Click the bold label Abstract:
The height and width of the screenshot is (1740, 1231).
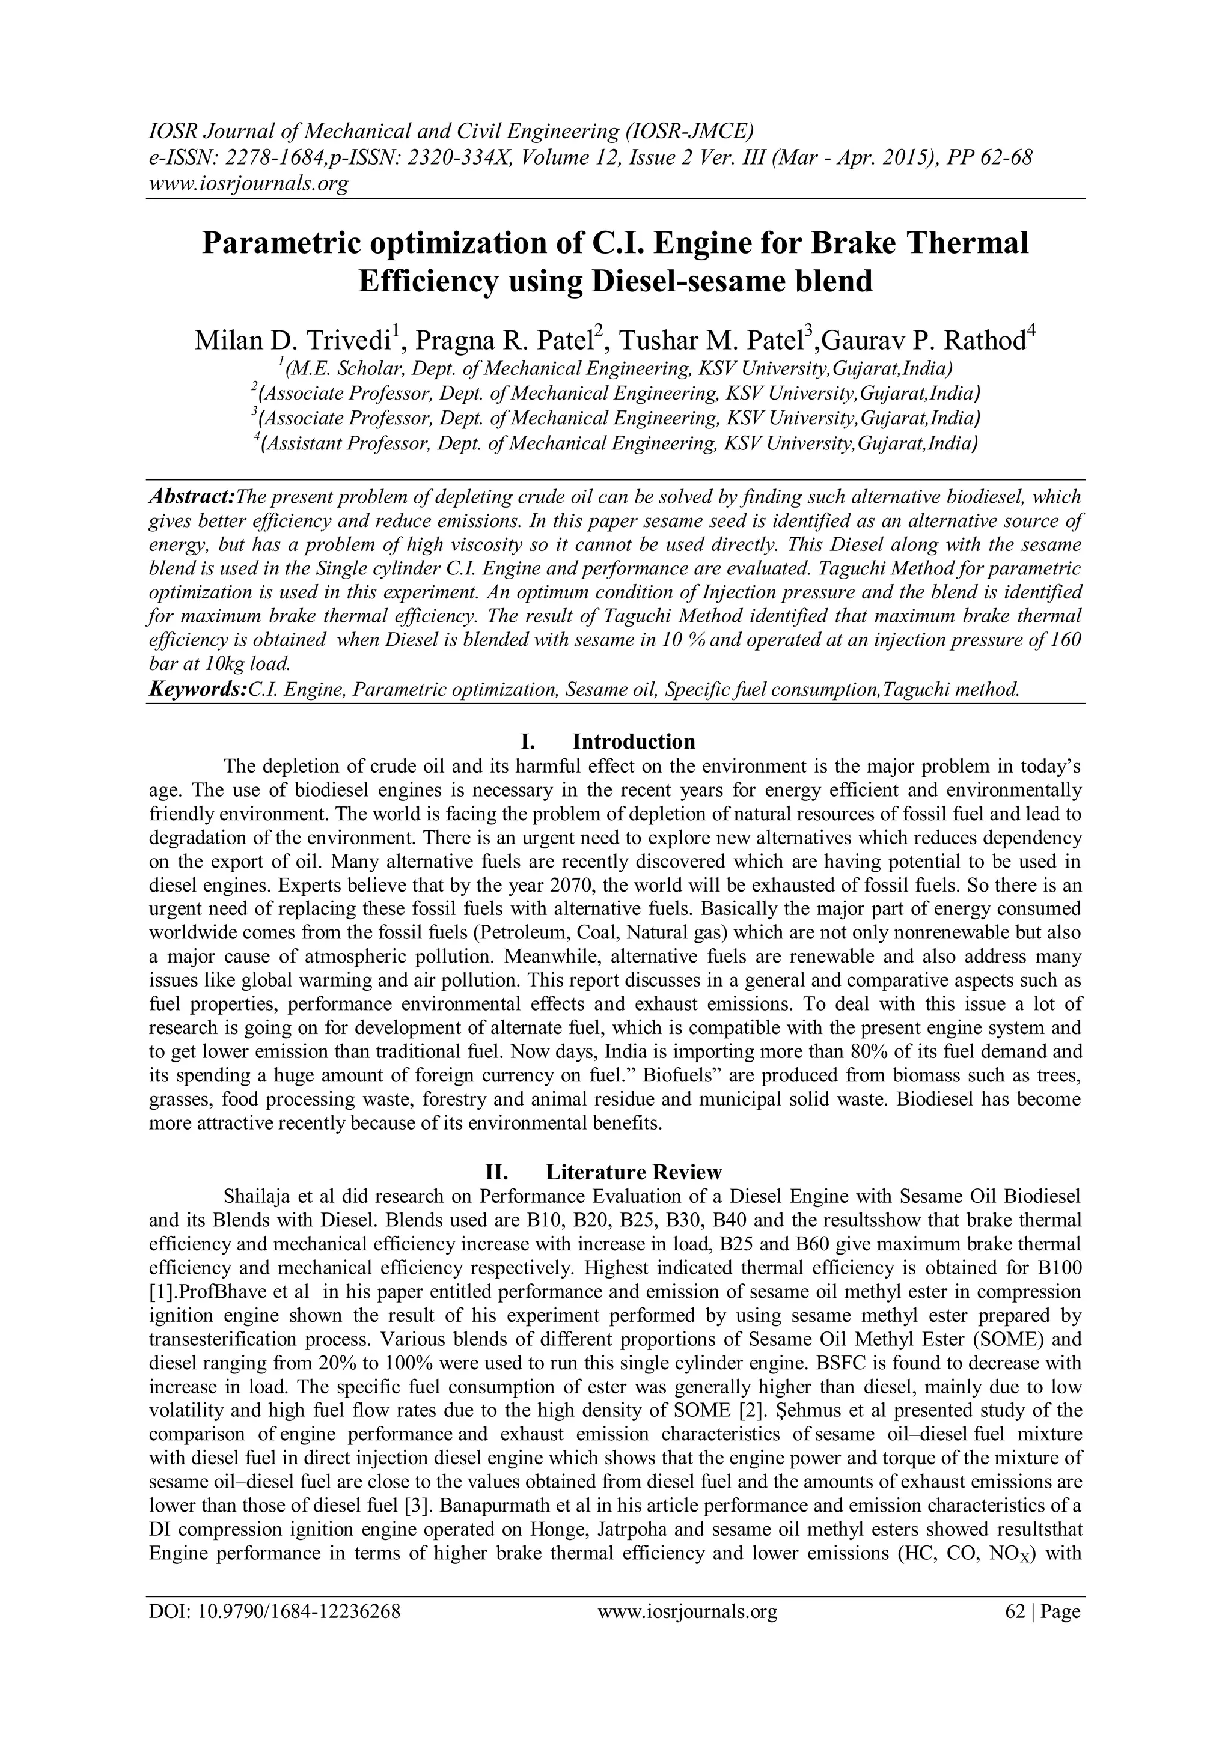(192, 497)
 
